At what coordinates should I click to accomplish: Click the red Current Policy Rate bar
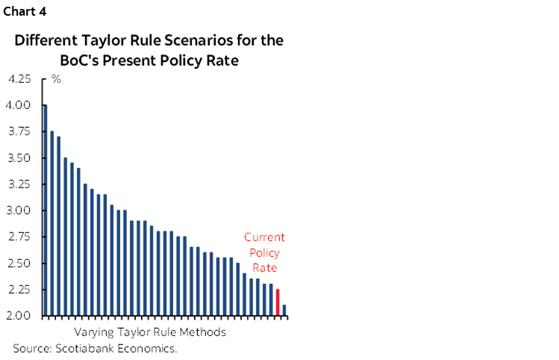[x=278, y=302]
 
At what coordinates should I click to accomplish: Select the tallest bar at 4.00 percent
[x=46, y=210]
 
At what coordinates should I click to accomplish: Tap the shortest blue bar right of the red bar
[x=284, y=310]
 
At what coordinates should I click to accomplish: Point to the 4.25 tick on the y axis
[x=19, y=78]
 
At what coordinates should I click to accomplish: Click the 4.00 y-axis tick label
[x=19, y=105]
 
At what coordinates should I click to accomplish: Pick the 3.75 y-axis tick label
[x=19, y=131]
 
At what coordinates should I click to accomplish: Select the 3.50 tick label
[x=19, y=158]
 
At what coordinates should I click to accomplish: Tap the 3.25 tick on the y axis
[x=19, y=184]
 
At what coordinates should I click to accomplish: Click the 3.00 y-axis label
[x=19, y=211]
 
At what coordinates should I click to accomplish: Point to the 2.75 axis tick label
[x=19, y=237]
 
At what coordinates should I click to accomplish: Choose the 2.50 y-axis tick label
[x=19, y=264]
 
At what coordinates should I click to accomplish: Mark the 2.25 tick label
[x=19, y=290]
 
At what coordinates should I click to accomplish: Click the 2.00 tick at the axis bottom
[x=19, y=316]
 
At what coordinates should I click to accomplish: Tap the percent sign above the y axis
[x=55, y=78]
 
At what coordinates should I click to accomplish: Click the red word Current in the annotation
[x=264, y=238]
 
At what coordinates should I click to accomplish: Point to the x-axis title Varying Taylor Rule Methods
[x=150, y=332]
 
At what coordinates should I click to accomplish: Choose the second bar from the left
[x=51, y=223]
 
